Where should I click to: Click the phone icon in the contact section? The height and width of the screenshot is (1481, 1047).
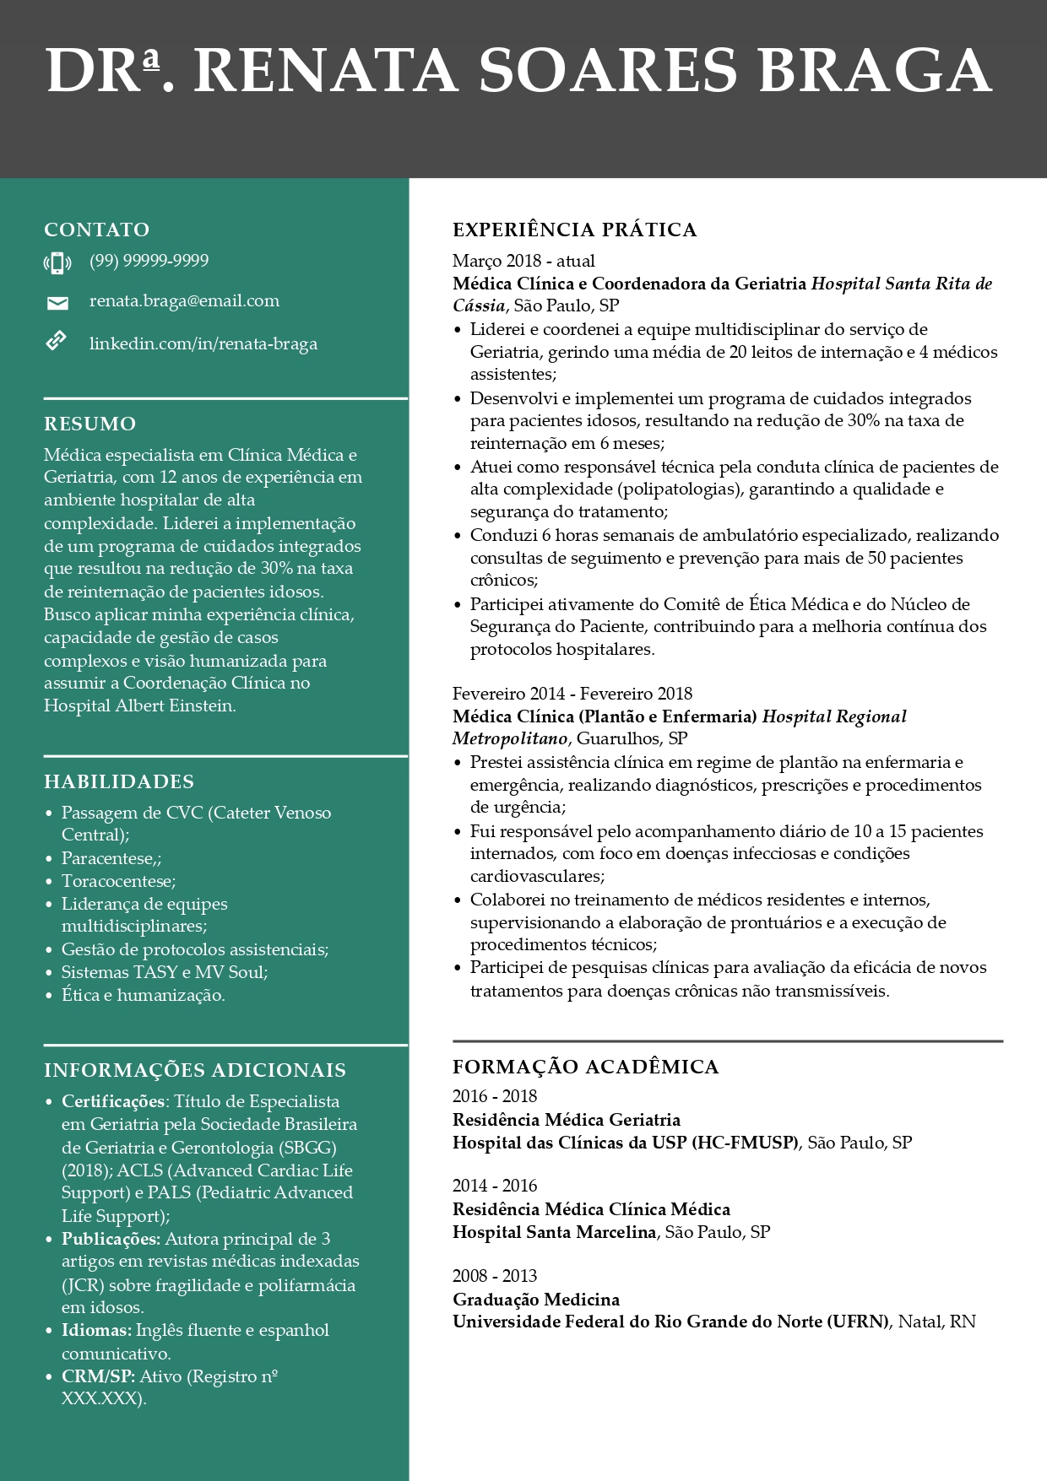[x=57, y=263]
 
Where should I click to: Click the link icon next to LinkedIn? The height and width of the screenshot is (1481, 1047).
[x=56, y=342]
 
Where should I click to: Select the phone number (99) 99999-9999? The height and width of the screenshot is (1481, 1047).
[x=149, y=261]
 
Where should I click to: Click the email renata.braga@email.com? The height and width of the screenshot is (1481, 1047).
[x=184, y=301]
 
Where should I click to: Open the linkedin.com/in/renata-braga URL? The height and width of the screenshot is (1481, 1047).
[x=203, y=343]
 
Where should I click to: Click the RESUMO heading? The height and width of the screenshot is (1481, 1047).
[x=90, y=424]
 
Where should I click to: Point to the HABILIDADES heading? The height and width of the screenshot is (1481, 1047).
[x=119, y=781]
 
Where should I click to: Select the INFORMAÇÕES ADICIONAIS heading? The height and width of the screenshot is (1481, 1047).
[x=195, y=1070]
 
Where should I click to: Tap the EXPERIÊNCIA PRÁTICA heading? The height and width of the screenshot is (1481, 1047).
[x=574, y=230]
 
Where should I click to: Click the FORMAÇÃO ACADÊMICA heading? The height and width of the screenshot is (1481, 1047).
[x=585, y=1067]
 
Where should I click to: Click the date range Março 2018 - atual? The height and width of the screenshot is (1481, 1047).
[x=523, y=261]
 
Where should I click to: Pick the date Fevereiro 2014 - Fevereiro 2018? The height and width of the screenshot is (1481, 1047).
[x=572, y=694]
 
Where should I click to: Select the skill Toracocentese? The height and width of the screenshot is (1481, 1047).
[x=118, y=881]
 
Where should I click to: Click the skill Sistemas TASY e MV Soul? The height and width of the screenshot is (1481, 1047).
[x=165, y=972]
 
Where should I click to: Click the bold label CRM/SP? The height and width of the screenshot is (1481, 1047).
[x=98, y=1376]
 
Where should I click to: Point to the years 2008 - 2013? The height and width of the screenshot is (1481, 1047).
[x=495, y=1276]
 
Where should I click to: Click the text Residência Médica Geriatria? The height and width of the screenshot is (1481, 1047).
[x=567, y=1120]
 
